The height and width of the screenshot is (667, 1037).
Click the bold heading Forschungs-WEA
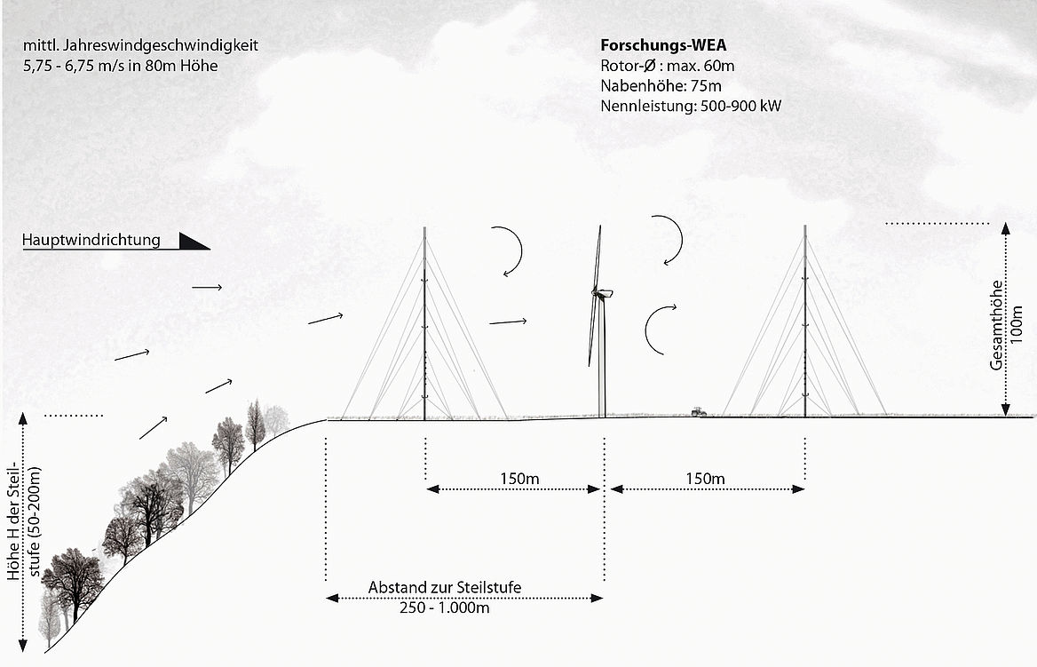(x=663, y=45)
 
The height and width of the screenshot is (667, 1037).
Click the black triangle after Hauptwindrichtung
(x=194, y=241)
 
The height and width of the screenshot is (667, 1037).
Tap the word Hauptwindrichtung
(x=91, y=240)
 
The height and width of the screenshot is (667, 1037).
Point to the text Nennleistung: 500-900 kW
(x=691, y=106)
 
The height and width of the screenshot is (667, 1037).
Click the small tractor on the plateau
(x=699, y=411)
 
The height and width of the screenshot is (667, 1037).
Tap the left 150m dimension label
(x=519, y=478)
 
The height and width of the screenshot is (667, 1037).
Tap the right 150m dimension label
(x=705, y=478)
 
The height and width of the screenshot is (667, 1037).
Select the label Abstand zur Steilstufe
(x=445, y=587)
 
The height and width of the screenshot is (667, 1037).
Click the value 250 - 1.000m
(x=445, y=607)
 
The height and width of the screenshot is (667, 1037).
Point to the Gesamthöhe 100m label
(x=1006, y=324)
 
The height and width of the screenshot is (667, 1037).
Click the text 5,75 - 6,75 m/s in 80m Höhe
(x=121, y=66)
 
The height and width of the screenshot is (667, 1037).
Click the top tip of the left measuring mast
(x=424, y=228)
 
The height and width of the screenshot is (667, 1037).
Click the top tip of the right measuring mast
(x=805, y=226)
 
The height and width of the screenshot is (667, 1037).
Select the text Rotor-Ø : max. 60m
(x=668, y=66)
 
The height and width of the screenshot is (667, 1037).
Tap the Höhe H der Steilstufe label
(x=24, y=523)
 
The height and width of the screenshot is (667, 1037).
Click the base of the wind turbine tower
(x=602, y=417)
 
